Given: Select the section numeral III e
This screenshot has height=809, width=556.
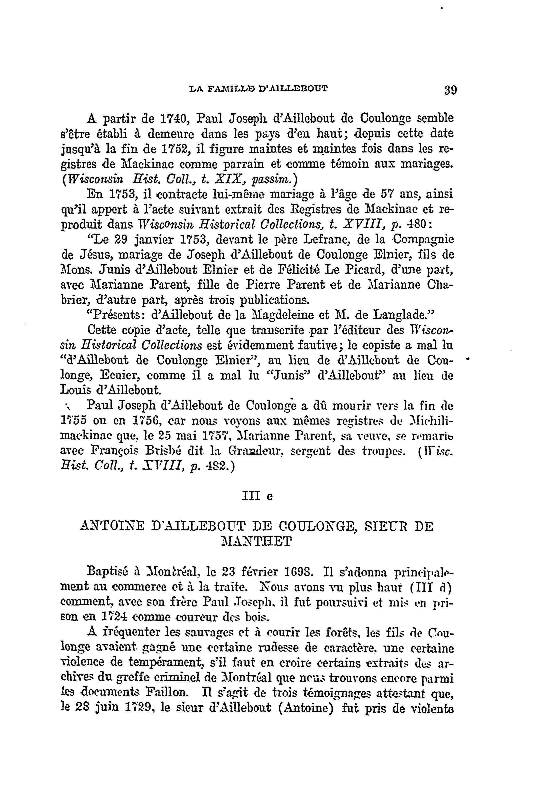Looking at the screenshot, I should coord(257,496).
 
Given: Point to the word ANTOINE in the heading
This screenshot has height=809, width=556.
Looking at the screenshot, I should coord(111,526).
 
